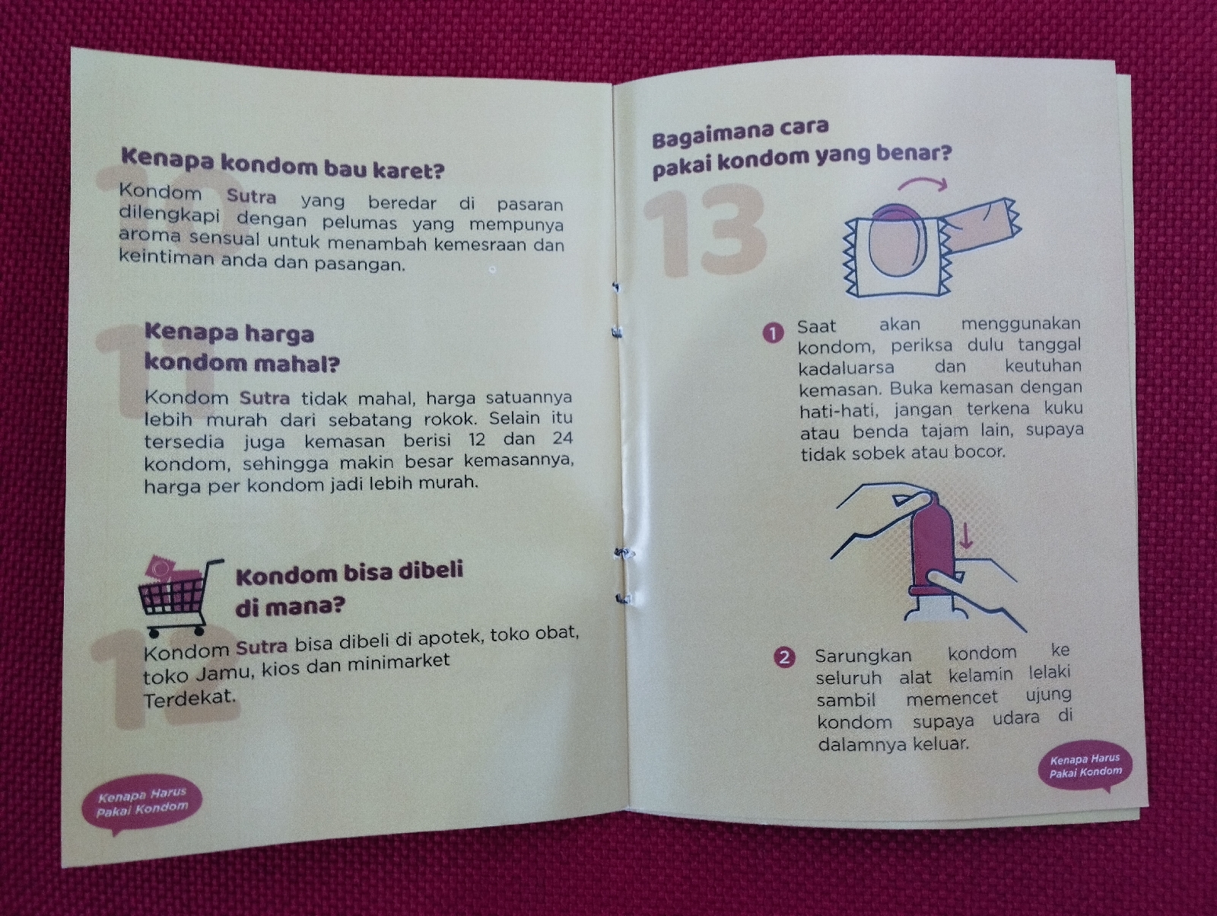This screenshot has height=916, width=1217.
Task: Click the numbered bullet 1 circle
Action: point(774,332)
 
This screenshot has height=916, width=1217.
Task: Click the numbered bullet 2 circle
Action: point(784,657)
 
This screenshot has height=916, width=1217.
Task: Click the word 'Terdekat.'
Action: point(189,698)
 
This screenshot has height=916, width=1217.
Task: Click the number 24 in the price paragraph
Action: point(561,438)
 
